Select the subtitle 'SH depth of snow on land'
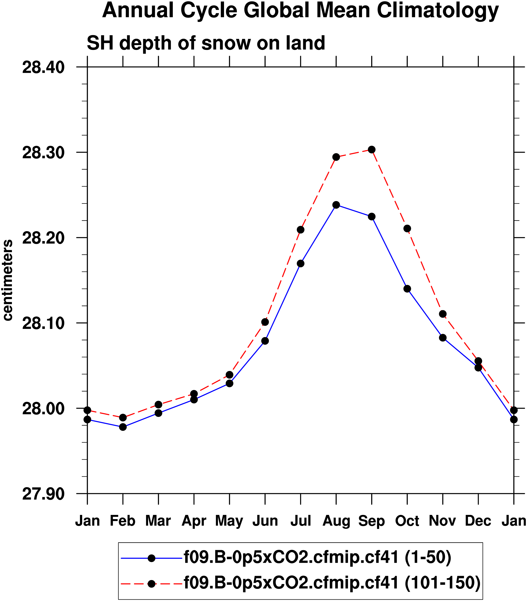click(x=206, y=43)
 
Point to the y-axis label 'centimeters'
click(x=8, y=280)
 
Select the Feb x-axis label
click(x=123, y=521)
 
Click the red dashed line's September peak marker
click(x=372, y=150)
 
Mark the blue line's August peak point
click(x=336, y=205)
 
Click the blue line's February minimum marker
click(x=123, y=427)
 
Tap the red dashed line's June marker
click(x=265, y=322)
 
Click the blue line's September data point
click(x=372, y=217)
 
